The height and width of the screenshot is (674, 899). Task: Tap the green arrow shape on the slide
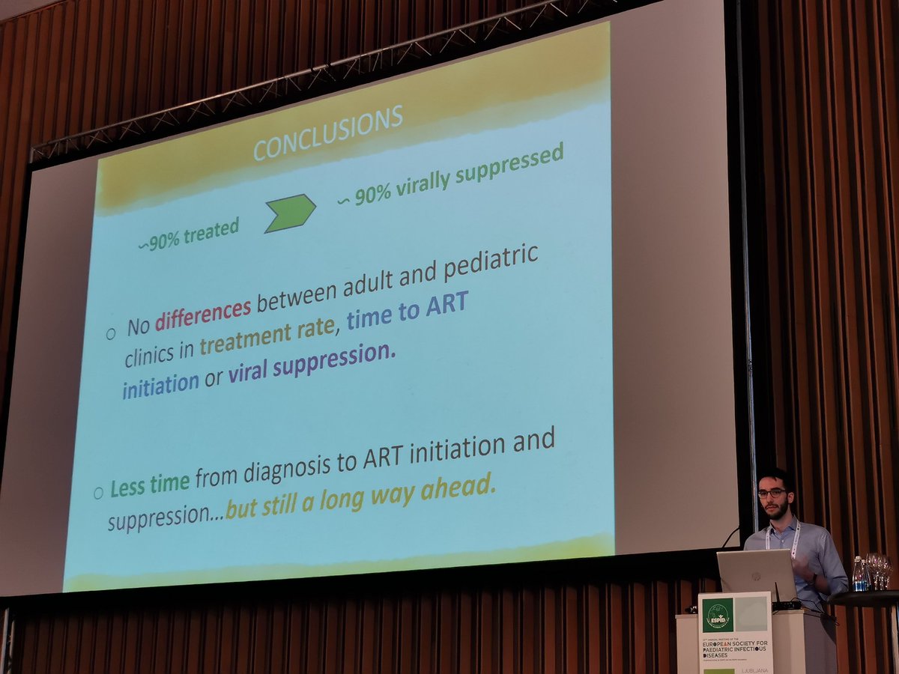pyautogui.click(x=290, y=213)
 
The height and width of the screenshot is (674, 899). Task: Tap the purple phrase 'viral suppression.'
pyautogui.click(x=311, y=362)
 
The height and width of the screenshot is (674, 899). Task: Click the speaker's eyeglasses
pyautogui.click(x=772, y=492)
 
